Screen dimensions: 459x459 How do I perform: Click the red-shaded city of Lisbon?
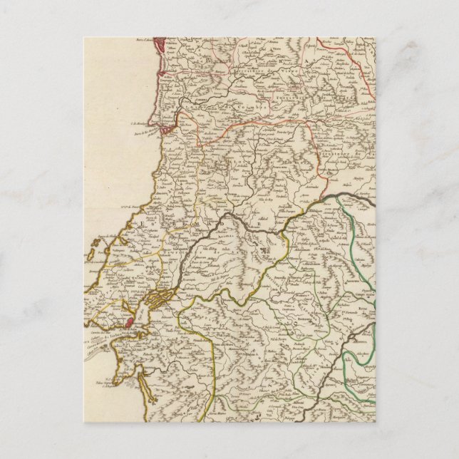click(129, 322)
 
